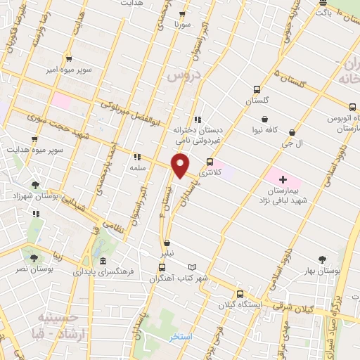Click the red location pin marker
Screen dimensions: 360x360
pos(181,166)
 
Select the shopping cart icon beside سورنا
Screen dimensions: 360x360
pos(182,14)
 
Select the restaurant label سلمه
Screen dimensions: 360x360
pos(138,168)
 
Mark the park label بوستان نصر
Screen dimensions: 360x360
pos(32,269)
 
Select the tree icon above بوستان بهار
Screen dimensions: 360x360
pos(323,259)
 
